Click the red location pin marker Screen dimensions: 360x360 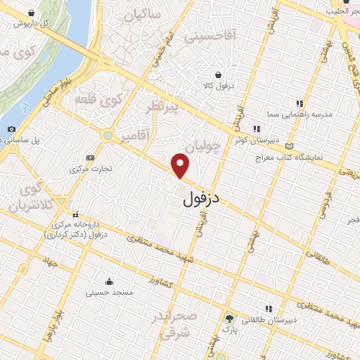[x=181, y=165]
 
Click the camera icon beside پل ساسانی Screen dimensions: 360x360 [x=11, y=129]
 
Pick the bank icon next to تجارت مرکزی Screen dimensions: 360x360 [x=89, y=158]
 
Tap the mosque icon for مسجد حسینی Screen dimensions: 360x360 [x=110, y=279]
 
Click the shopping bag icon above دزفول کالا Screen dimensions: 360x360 [x=219, y=75]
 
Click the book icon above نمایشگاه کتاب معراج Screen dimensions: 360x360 [x=290, y=146]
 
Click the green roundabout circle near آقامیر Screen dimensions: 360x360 [x=108, y=135]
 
